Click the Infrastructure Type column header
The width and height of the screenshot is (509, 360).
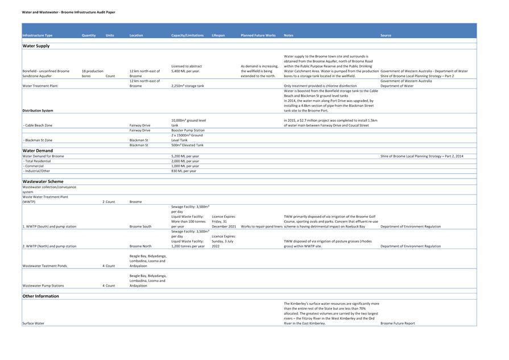point(38,35)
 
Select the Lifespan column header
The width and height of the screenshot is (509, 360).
point(218,35)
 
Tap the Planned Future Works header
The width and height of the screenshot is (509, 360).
point(258,35)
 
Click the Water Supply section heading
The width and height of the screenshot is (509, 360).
point(36,46)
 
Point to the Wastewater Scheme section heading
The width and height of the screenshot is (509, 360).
point(43,181)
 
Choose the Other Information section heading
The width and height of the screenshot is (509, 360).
point(40,296)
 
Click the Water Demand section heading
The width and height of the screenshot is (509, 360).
point(38,151)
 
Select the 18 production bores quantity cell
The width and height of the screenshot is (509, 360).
point(92,73)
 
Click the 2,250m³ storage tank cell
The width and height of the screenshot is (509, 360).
point(188,86)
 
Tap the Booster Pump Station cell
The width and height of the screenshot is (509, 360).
point(188,130)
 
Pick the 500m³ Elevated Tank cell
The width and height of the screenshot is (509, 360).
point(187,145)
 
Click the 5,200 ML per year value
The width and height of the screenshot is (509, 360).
point(185,156)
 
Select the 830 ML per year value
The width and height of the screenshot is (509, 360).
point(184,171)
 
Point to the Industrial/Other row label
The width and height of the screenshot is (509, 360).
point(38,171)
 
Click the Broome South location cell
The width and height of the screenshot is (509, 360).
point(140,226)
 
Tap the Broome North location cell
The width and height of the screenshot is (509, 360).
point(140,246)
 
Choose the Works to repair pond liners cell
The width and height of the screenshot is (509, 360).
point(262,226)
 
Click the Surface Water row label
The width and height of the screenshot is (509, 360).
point(34,323)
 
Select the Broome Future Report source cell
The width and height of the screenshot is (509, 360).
point(398,323)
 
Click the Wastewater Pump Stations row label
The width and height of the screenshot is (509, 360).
point(43,285)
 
